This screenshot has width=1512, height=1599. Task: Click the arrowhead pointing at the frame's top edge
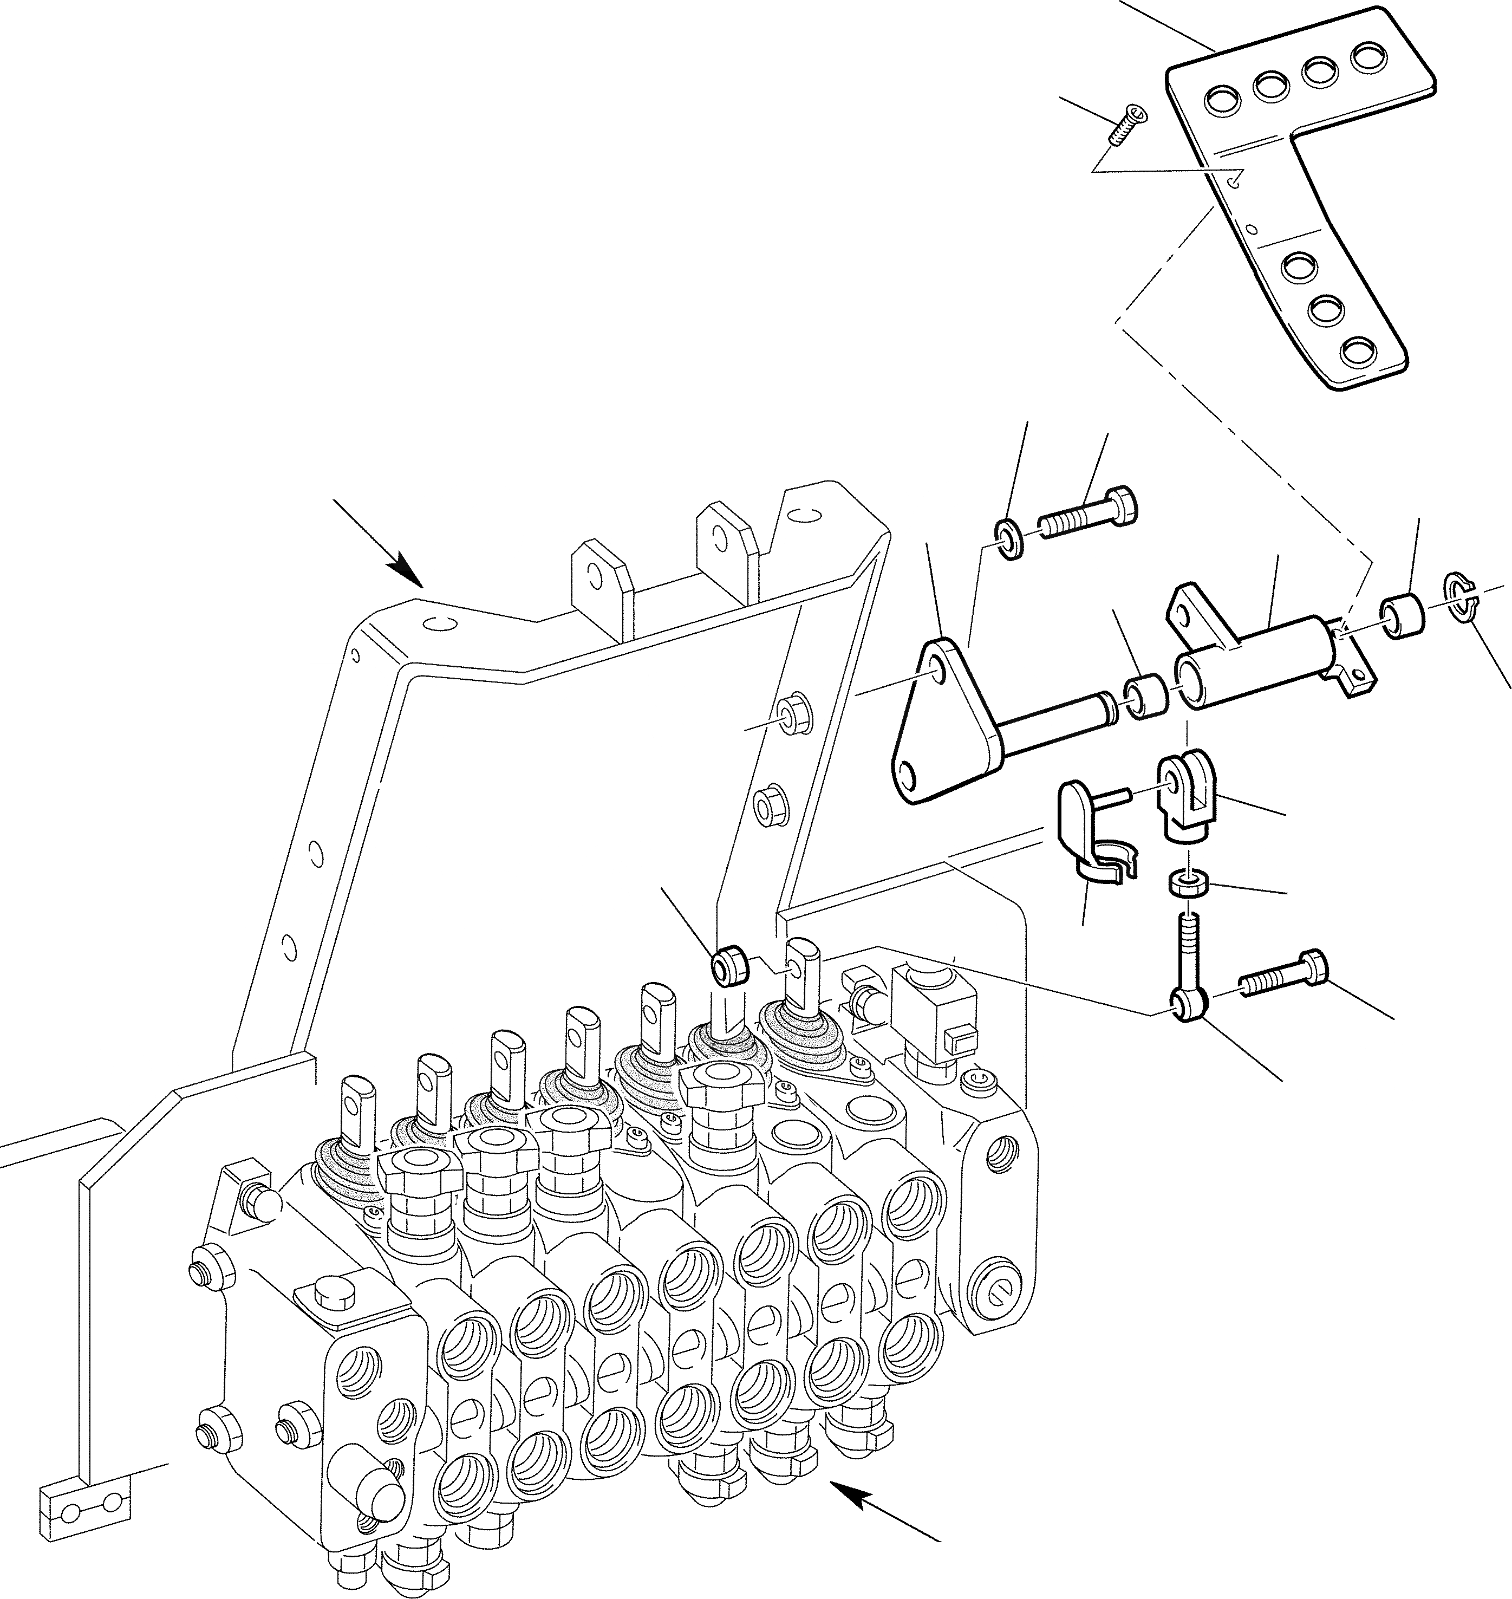pyautogui.click(x=408, y=574)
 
